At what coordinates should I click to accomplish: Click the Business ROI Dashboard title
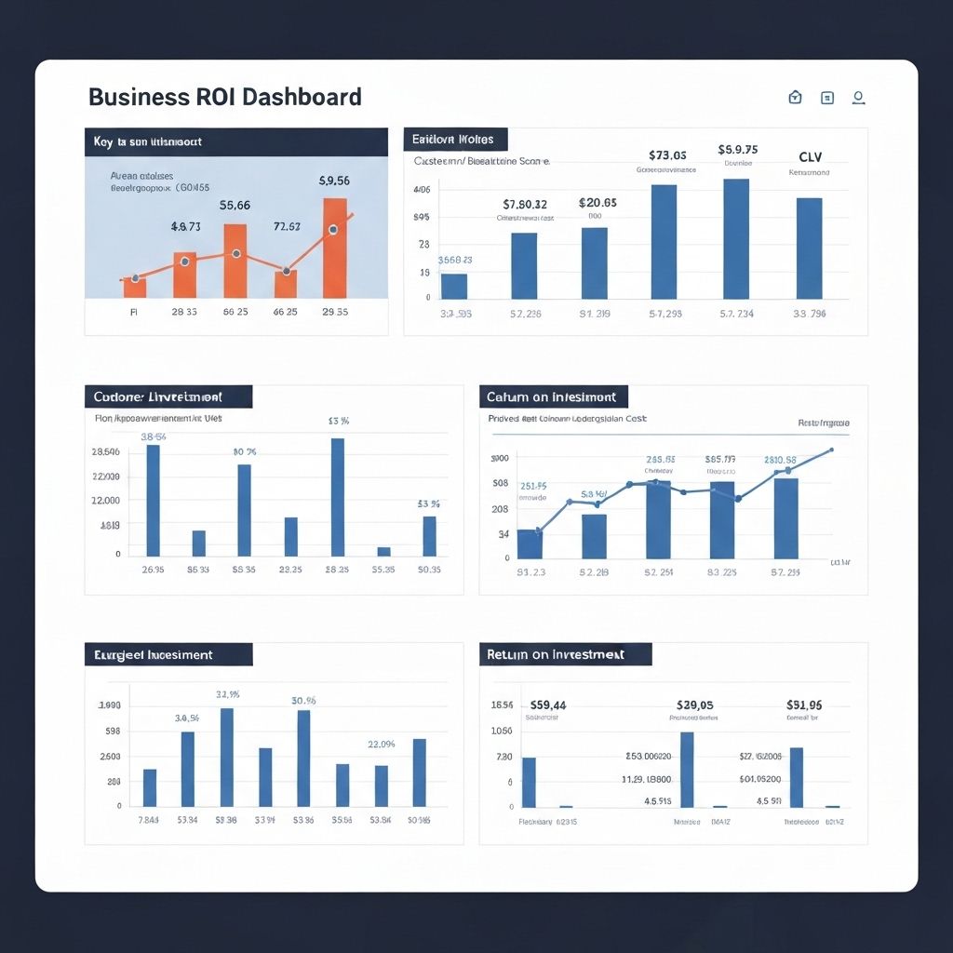tap(224, 97)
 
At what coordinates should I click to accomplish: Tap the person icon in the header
tap(858, 97)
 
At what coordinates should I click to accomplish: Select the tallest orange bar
tap(335, 248)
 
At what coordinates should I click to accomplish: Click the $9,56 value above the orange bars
tap(334, 181)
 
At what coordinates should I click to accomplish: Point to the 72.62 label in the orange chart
tap(287, 226)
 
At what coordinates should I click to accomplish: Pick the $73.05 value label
tap(667, 155)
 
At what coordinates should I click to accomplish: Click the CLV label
tap(810, 157)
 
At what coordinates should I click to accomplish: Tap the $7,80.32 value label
tap(525, 204)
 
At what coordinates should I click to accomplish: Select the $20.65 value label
tap(597, 202)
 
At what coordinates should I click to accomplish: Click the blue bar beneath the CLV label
tap(809, 248)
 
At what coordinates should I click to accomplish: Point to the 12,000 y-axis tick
tap(105, 501)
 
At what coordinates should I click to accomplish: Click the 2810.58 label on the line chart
tap(780, 460)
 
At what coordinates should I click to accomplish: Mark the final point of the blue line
tap(831, 450)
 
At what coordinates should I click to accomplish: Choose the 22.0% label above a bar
tap(382, 744)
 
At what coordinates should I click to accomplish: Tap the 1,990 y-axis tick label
tap(110, 706)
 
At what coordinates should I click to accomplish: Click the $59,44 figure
tap(547, 705)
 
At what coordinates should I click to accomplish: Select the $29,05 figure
tap(694, 705)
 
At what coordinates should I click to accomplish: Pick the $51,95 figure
tap(804, 705)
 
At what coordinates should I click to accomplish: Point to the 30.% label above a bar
tap(303, 701)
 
